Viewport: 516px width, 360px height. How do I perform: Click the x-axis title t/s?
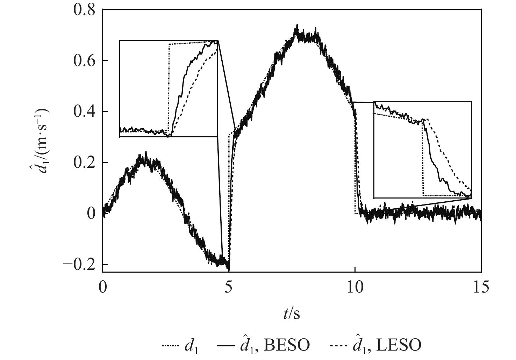[292, 314]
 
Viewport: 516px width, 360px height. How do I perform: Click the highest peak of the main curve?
[297, 26]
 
